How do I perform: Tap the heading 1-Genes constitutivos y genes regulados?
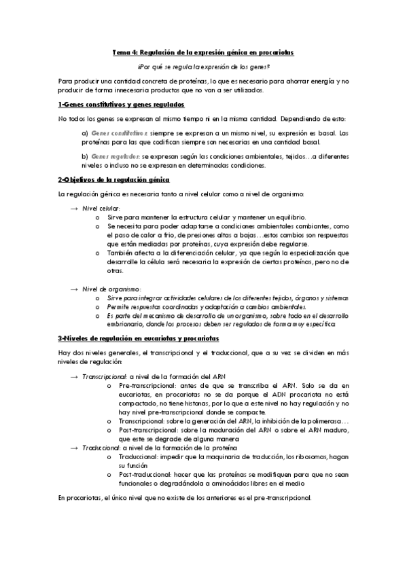pos(121,105)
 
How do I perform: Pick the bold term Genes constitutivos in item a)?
pos(109,133)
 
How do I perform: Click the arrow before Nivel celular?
pos(74,208)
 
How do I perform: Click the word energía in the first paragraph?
pos(315,81)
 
